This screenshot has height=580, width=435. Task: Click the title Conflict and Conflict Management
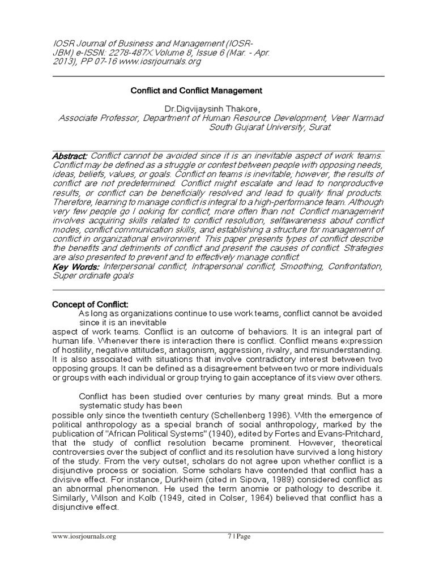click(x=197, y=90)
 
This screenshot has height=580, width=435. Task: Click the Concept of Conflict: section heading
click(x=91, y=304)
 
